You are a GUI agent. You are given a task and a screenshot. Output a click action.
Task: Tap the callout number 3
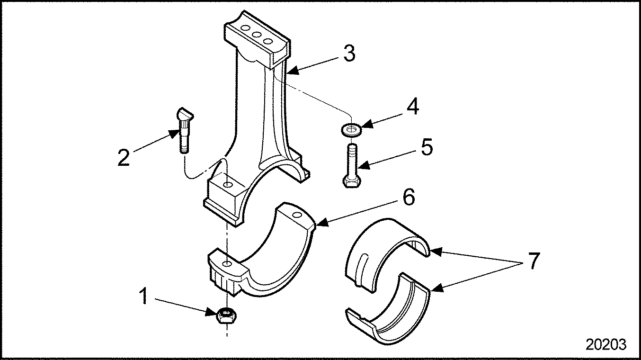click(349, 54)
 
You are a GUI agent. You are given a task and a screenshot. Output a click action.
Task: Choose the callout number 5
click(426, 147)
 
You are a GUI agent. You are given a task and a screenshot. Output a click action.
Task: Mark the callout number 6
click(408, 197)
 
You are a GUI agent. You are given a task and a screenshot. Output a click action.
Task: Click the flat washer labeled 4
click(351, 128)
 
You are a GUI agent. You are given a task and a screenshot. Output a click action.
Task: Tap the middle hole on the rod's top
click(257, 35)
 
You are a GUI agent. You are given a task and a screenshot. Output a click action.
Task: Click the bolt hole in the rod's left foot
click(228, 183)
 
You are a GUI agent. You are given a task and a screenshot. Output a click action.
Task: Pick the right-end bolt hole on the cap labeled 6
click(297, 216)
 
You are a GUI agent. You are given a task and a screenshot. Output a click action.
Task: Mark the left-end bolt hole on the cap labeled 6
click(228, 263)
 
